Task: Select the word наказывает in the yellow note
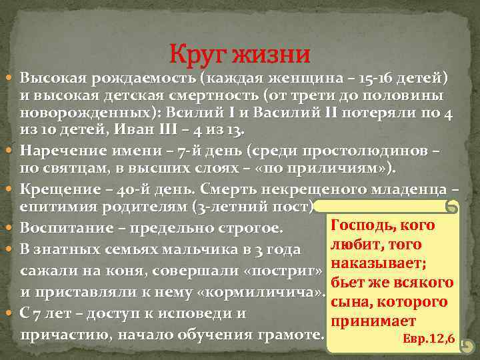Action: (383, 264)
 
